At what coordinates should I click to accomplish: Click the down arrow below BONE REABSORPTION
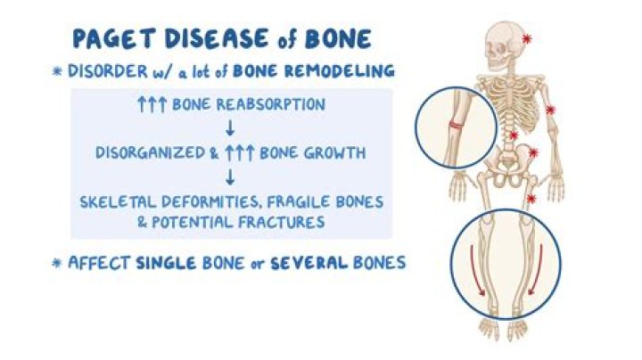click(x=230, y=128)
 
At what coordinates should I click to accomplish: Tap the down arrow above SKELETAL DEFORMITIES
click(x=230, y=177)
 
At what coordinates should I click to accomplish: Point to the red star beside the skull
click(x=527, y=39)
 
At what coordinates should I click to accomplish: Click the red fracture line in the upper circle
click(x=456, y=125)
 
